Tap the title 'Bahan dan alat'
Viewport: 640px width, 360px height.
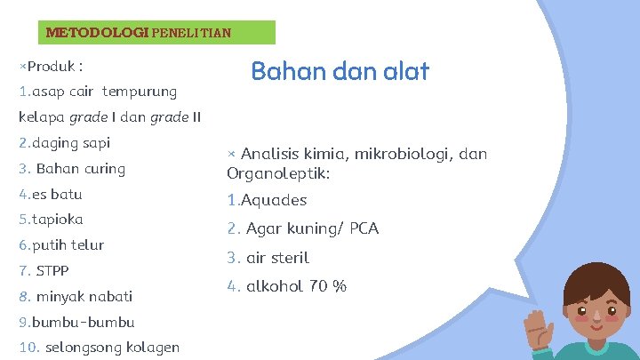(x=340, y=71)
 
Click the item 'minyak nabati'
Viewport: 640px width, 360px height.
(x=84, y=296)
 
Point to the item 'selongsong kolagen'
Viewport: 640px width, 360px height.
(x=111, y=348)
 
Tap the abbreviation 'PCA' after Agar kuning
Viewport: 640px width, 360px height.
(x=364, y=228)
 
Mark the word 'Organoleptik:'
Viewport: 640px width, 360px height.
(x=278, y=174)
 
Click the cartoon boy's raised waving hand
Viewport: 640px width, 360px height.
(x=545, y=330)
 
